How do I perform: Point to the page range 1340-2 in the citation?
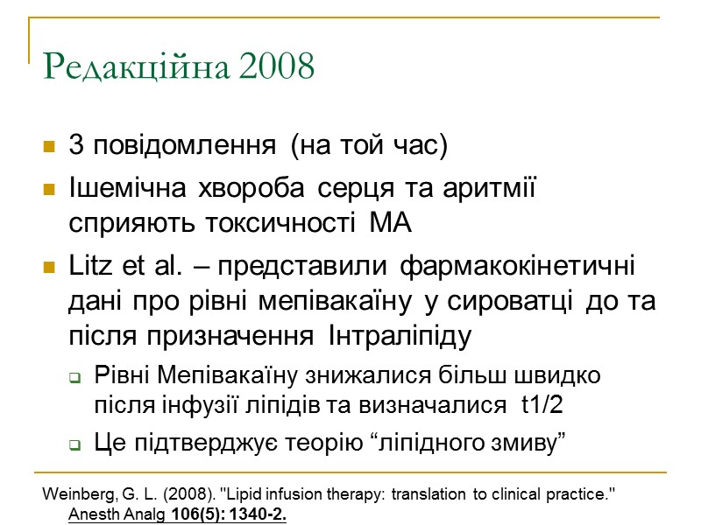255,514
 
